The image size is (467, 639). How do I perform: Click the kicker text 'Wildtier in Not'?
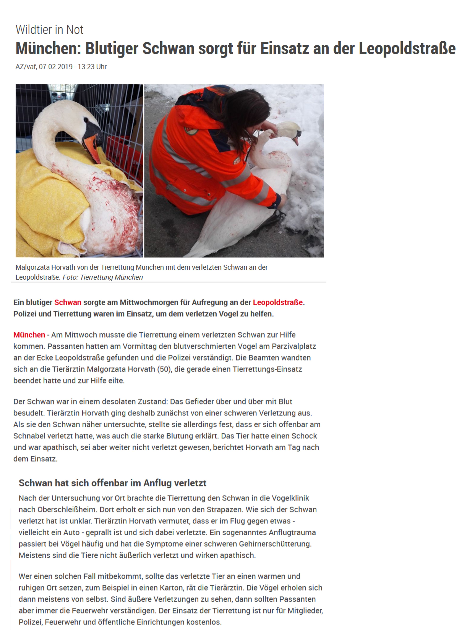[x=50, y=30]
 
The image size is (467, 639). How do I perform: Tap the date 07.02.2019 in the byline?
[x=56, y=67]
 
